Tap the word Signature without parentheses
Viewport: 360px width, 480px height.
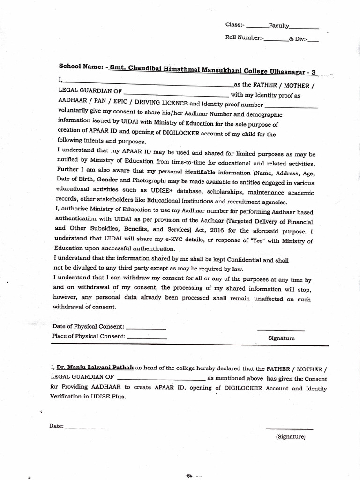(x=281, y=338)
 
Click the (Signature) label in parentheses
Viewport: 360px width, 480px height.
(x=291, y=436)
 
